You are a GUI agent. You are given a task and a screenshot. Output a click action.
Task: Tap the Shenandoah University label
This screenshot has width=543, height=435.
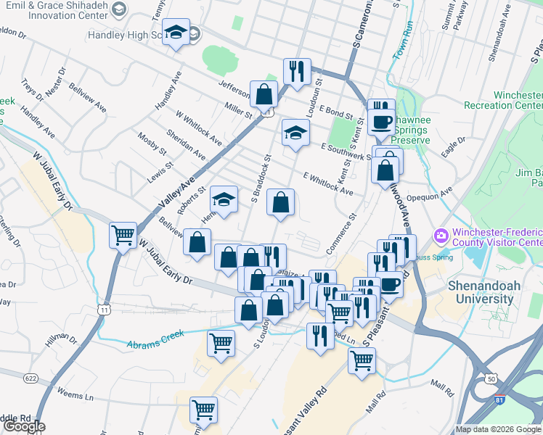pyautogui.click(x=485, y=292)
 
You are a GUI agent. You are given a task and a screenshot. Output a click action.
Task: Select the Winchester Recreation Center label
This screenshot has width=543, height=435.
pyautogui.click(x=516, y=101)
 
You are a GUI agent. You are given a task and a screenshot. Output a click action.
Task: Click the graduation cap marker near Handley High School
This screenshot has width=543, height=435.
pyautogui.click(x=175, y=33)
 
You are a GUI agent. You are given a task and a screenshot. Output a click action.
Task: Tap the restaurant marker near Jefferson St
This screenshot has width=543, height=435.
pyautogui.click(x=296, y=71)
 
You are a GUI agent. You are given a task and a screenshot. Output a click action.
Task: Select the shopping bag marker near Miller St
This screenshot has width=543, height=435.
pyautogui.click(x=264, y=94)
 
